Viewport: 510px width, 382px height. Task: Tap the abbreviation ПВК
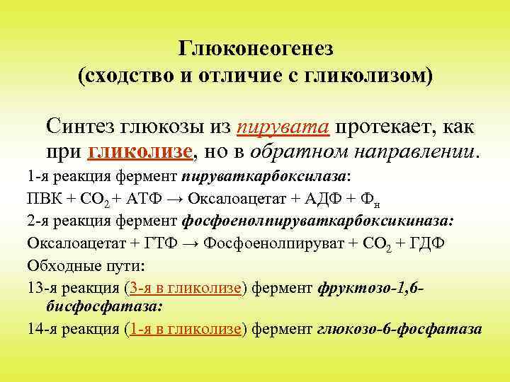tap(42, 199)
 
